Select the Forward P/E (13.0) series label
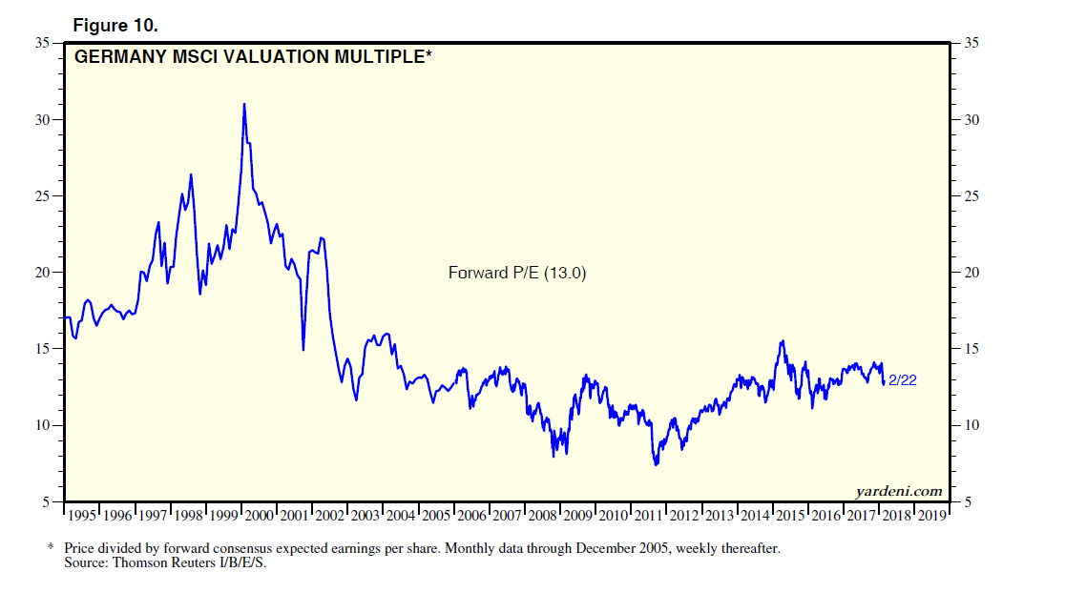point(517,273)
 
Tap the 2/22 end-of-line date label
point(903,380)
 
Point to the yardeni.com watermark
point(897,492)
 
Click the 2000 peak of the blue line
point(244,104)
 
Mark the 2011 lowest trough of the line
point(656,464)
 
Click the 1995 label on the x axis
point(82,516)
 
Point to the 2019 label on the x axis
point(932,516)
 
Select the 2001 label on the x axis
point(295,516)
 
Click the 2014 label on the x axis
point(756,516)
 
